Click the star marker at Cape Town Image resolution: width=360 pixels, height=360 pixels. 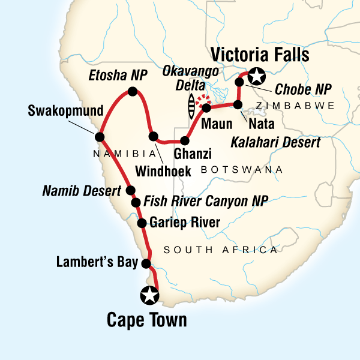pos(149,295)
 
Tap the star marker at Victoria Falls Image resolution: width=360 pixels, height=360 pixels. pos(257,77)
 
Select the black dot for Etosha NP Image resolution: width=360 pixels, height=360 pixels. pos(133,92)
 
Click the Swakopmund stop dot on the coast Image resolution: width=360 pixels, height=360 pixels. pos(99,136)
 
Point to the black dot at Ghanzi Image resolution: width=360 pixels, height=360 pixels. pos(185,141)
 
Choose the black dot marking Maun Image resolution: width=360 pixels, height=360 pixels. pos(207,109)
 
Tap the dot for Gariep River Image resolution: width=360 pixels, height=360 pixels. pos(142,223)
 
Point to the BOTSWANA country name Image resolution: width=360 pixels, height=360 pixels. pos(242,170)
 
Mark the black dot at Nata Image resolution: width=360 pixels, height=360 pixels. pos(238,105)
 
